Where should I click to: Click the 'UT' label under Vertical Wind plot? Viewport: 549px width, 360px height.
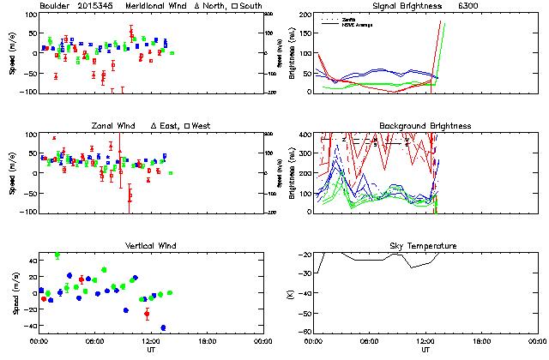(x=151, y=350)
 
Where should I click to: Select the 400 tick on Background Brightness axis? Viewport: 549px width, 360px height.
(x=305, y=135)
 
